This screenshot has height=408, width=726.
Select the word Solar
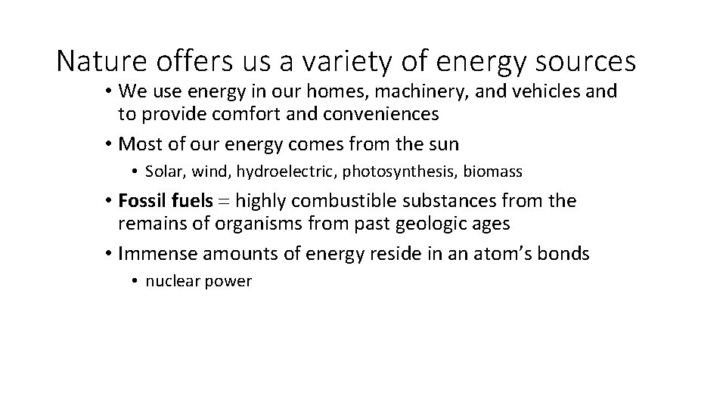tap(165, 172)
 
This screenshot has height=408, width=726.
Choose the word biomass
tap(492, 172)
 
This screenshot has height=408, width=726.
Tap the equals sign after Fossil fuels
tap(225, 202)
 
